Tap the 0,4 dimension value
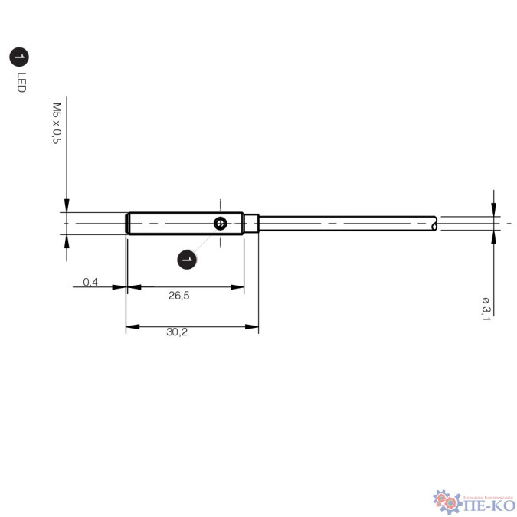[90, 282]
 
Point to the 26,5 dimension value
[179, 295]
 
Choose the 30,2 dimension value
[177, 332]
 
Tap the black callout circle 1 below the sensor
[186, 260]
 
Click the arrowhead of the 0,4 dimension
[120, 287]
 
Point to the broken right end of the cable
[435, 223]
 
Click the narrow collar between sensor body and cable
[252, 223]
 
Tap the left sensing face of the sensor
[126, 223]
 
